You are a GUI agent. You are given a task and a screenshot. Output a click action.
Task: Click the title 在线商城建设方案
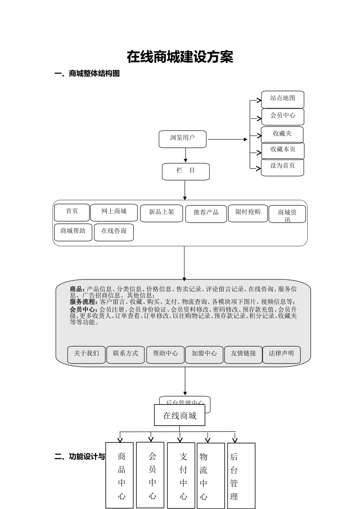(180, 57)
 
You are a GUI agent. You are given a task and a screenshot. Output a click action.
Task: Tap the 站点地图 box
(283, 99)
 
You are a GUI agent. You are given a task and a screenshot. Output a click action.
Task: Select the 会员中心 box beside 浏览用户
(283, 116)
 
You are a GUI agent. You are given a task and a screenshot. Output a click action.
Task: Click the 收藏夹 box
(282, 134)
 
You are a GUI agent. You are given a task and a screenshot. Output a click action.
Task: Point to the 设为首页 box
(282, 167)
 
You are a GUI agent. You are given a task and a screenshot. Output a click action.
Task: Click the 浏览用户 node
(183, 139)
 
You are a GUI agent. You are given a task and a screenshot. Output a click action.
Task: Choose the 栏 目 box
(186, 171)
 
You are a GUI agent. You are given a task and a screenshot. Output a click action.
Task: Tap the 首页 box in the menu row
(72, 212)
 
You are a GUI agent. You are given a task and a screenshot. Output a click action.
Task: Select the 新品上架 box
(161, 213)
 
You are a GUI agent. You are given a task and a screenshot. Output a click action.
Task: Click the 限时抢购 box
(248, 213)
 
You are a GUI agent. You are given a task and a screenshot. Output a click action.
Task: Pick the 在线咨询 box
(114, 232)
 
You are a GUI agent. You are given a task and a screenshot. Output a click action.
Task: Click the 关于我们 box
(86, 354)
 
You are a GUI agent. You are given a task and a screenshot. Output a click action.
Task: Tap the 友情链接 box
(243, 354)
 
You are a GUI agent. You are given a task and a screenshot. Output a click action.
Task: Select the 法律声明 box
(282, 354)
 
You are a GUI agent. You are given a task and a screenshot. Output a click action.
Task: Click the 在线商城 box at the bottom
(180, 415)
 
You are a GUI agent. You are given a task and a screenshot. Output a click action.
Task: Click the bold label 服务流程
(83, 302)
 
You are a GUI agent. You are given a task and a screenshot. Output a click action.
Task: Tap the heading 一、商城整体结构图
(87, 74)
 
